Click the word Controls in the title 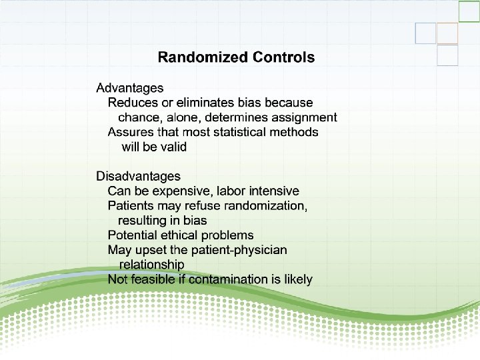coord(283,57)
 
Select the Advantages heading coord(130,88)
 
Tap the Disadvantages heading coord(138,176)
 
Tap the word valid coord(173,147)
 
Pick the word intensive coord(273,191)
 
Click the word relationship coord(151,265)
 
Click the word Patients coord(131,206)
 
